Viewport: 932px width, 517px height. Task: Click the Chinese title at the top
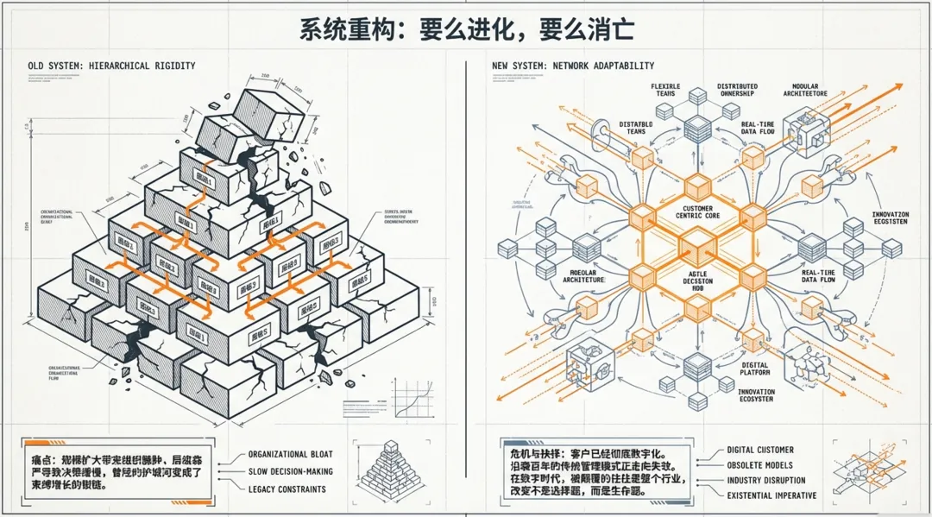click(x=467, y=29)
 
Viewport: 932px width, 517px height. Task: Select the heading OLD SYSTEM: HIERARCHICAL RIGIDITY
click(x=111, y=66)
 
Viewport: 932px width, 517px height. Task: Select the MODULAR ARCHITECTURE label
click(x=805, y=91)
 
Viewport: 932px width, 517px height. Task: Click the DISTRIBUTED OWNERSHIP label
click(x=737, y=91)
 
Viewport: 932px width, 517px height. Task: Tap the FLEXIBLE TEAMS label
click(x=664, y=91)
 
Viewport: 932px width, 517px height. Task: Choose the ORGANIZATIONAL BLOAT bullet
click(x=290, y=454)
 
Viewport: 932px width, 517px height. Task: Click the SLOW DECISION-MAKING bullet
click(x=290, y=471)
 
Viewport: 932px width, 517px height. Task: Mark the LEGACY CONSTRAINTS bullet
click(x=287, y=489)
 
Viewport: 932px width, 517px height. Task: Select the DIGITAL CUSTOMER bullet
click(x=759, y=450)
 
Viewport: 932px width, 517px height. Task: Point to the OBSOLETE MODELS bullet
click(x=759, y=464)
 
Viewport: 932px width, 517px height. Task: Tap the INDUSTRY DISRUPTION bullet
click(x=765, y=480)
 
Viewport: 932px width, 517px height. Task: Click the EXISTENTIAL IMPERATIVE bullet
click(x=771, y=495)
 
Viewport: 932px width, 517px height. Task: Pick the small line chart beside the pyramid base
click(x=411, y=401)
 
